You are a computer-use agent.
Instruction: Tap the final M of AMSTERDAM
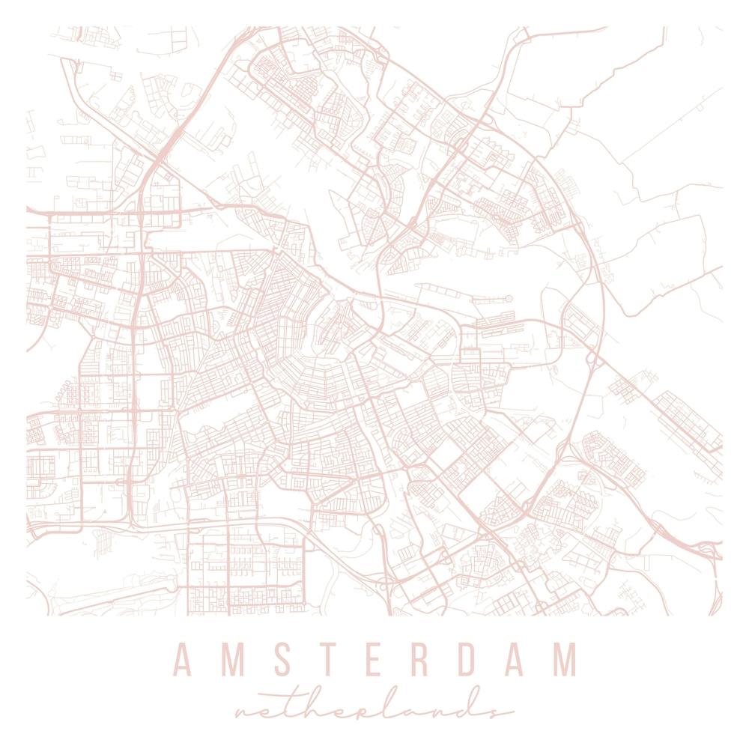point(566,659)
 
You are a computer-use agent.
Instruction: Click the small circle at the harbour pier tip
point(508,299)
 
